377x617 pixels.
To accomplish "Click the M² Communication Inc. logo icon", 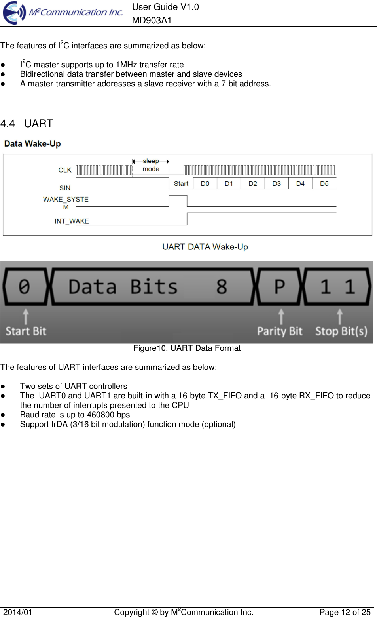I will [x=14, y=13].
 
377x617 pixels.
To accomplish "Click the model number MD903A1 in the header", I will [x=152, y=20].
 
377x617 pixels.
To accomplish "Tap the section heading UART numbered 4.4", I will [x=38, y=124].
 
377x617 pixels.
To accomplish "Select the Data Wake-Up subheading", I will [x=32, y=143].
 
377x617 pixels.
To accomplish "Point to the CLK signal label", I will [x=65, y=170].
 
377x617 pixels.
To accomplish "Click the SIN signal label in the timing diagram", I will [x=65, y=188].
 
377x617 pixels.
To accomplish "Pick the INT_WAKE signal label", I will [x=72, y=221].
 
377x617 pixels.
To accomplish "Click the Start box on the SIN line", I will [x=181, y=183].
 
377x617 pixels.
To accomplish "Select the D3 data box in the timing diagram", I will [x=277, y=183].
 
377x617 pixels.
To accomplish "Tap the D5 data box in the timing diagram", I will [x=324, y=183].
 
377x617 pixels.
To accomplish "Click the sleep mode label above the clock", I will [x=151, y=165].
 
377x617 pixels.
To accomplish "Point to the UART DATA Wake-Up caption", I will [x=205, y=247].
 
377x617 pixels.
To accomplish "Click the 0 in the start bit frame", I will [x=25, y=286].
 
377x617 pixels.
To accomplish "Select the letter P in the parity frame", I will [x=280, y=286].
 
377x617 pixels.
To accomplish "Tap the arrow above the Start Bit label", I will [x=26, y=316].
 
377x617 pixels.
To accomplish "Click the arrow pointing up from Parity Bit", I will [x=281, y=316].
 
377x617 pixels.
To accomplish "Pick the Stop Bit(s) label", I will [x=341, y=331].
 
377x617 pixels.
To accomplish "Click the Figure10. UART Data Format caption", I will [x=187, y=348].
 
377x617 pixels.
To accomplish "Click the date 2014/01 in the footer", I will [x=18, y=612].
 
